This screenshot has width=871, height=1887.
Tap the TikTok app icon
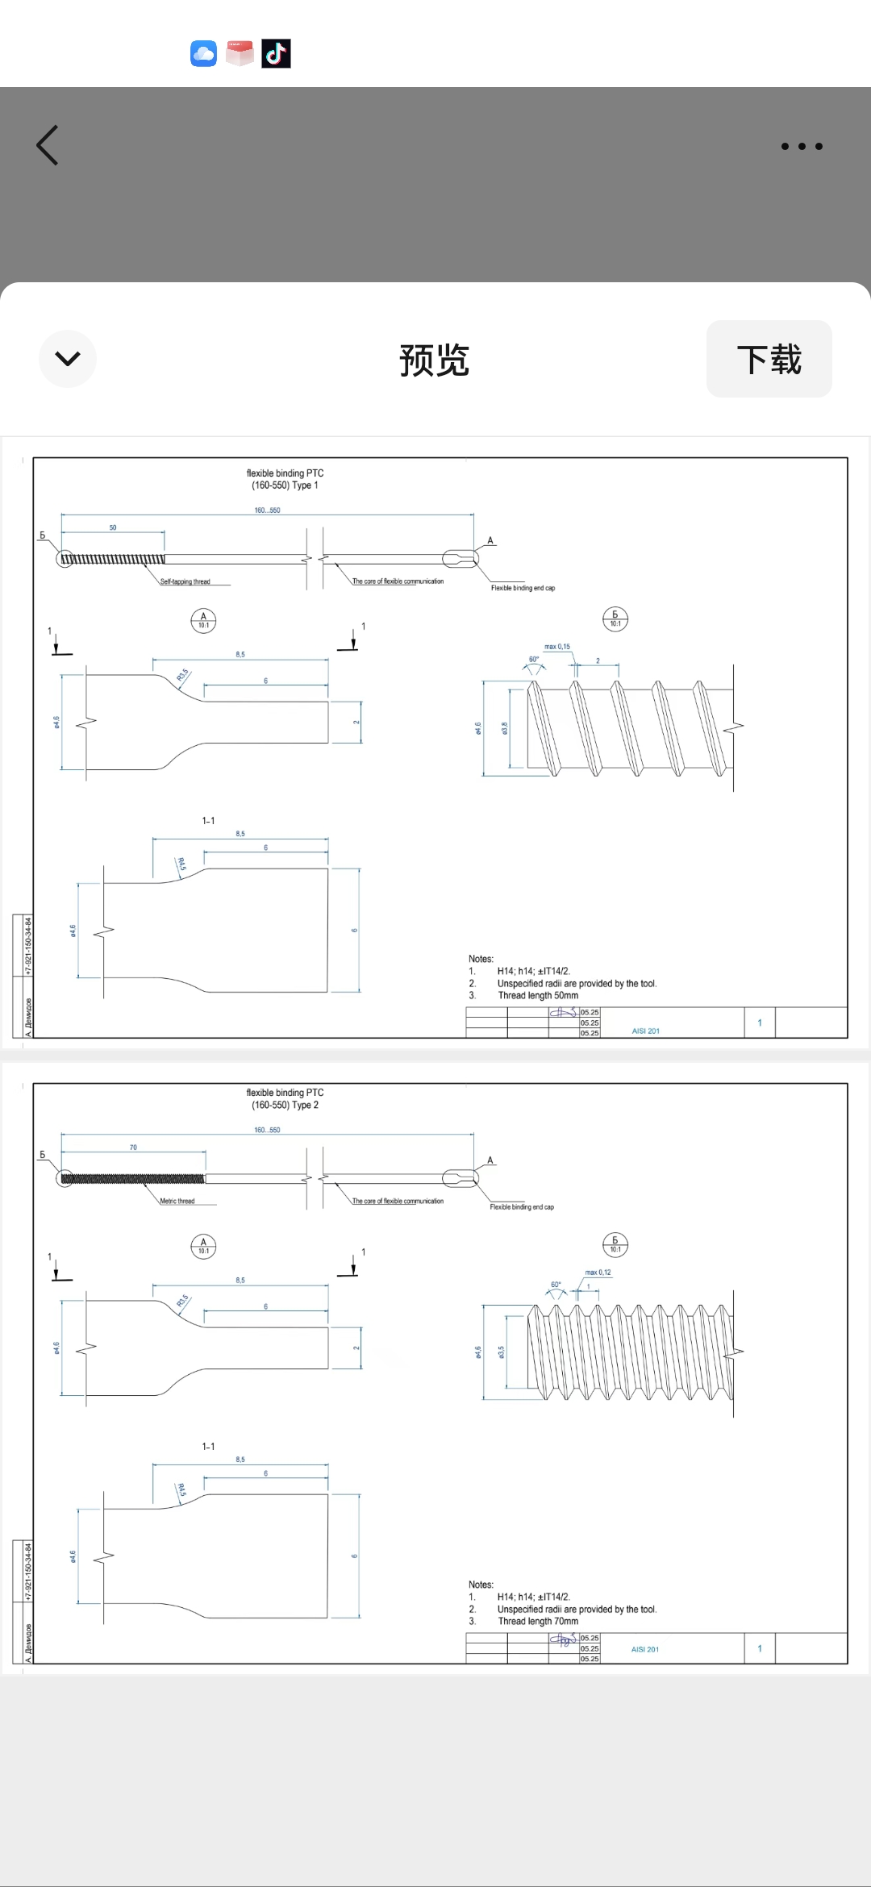click(x=276, y=54)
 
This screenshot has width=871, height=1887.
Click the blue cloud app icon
click(x=203, y=54)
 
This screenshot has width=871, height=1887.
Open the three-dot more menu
click(x=802, y=146)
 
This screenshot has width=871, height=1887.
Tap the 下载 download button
click(x=769, y=359)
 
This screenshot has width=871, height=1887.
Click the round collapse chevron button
click(x=68, y=359)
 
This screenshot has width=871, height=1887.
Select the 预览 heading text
click(x=434, y=360)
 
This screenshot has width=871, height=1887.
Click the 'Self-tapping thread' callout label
click(x=185, y=581)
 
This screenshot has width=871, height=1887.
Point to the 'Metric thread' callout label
click(x=177, y=1201)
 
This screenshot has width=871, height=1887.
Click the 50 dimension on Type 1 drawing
click(x=113, y=527)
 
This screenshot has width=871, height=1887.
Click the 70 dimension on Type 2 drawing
click(x=133, y=1147)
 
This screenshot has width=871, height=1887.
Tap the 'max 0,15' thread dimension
click(x=556, y=647)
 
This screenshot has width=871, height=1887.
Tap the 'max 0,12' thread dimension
click(x=598, y=1273)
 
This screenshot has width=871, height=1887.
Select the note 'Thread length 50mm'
click(x=538, y=995)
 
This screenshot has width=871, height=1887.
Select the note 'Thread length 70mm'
click(x=538, y=1621)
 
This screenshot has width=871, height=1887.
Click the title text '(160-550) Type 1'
click(x=285, y=485)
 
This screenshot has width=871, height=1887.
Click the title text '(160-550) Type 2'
click(x=285, y=1105)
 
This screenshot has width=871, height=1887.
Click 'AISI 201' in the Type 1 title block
click(x=645, y=1031)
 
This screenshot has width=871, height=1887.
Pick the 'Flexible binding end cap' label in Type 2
click(x=522, y=1207)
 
